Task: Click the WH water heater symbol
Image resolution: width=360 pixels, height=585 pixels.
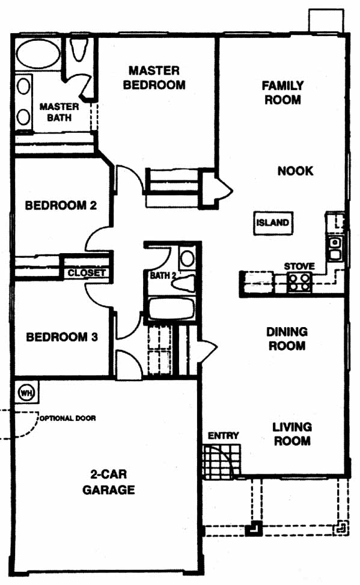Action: (x=26, y=393)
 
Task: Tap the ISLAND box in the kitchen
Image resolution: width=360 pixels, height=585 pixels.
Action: (x=273, y=222)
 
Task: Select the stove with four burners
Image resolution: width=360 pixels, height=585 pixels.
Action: (x=299, y=283)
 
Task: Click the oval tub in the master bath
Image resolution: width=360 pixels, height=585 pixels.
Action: (x=38, y=54)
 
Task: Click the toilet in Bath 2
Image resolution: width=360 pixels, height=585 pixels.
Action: (x=183, y=284)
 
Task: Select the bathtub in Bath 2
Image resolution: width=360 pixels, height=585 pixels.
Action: (x=172, y=308)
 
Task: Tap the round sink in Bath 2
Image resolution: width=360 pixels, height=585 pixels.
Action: (x=187, y=258)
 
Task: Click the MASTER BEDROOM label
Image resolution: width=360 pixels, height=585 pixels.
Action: (x=154, y=78)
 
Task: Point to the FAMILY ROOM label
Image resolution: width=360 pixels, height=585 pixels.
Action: (x=282, y=93)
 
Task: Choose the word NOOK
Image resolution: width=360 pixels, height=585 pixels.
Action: (x=295, y=171)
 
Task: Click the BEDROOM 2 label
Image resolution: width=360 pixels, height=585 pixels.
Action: (x=61, y=205)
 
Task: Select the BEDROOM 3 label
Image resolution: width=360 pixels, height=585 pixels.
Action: (x=62, y=337)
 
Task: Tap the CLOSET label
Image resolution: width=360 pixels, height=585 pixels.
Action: (x=87, y=273)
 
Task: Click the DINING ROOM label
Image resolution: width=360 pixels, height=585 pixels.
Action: (x=287, y=338)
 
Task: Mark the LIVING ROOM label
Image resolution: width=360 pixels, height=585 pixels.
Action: (x=291, y=434)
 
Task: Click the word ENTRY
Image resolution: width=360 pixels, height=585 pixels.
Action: (x=223, y=435)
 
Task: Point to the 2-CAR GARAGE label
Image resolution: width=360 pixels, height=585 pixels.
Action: (x=108, y=482)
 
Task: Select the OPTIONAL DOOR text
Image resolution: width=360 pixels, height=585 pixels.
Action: (x=68, y=418)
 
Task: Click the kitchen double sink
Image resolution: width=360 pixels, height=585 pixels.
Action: (x=335, y=248)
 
